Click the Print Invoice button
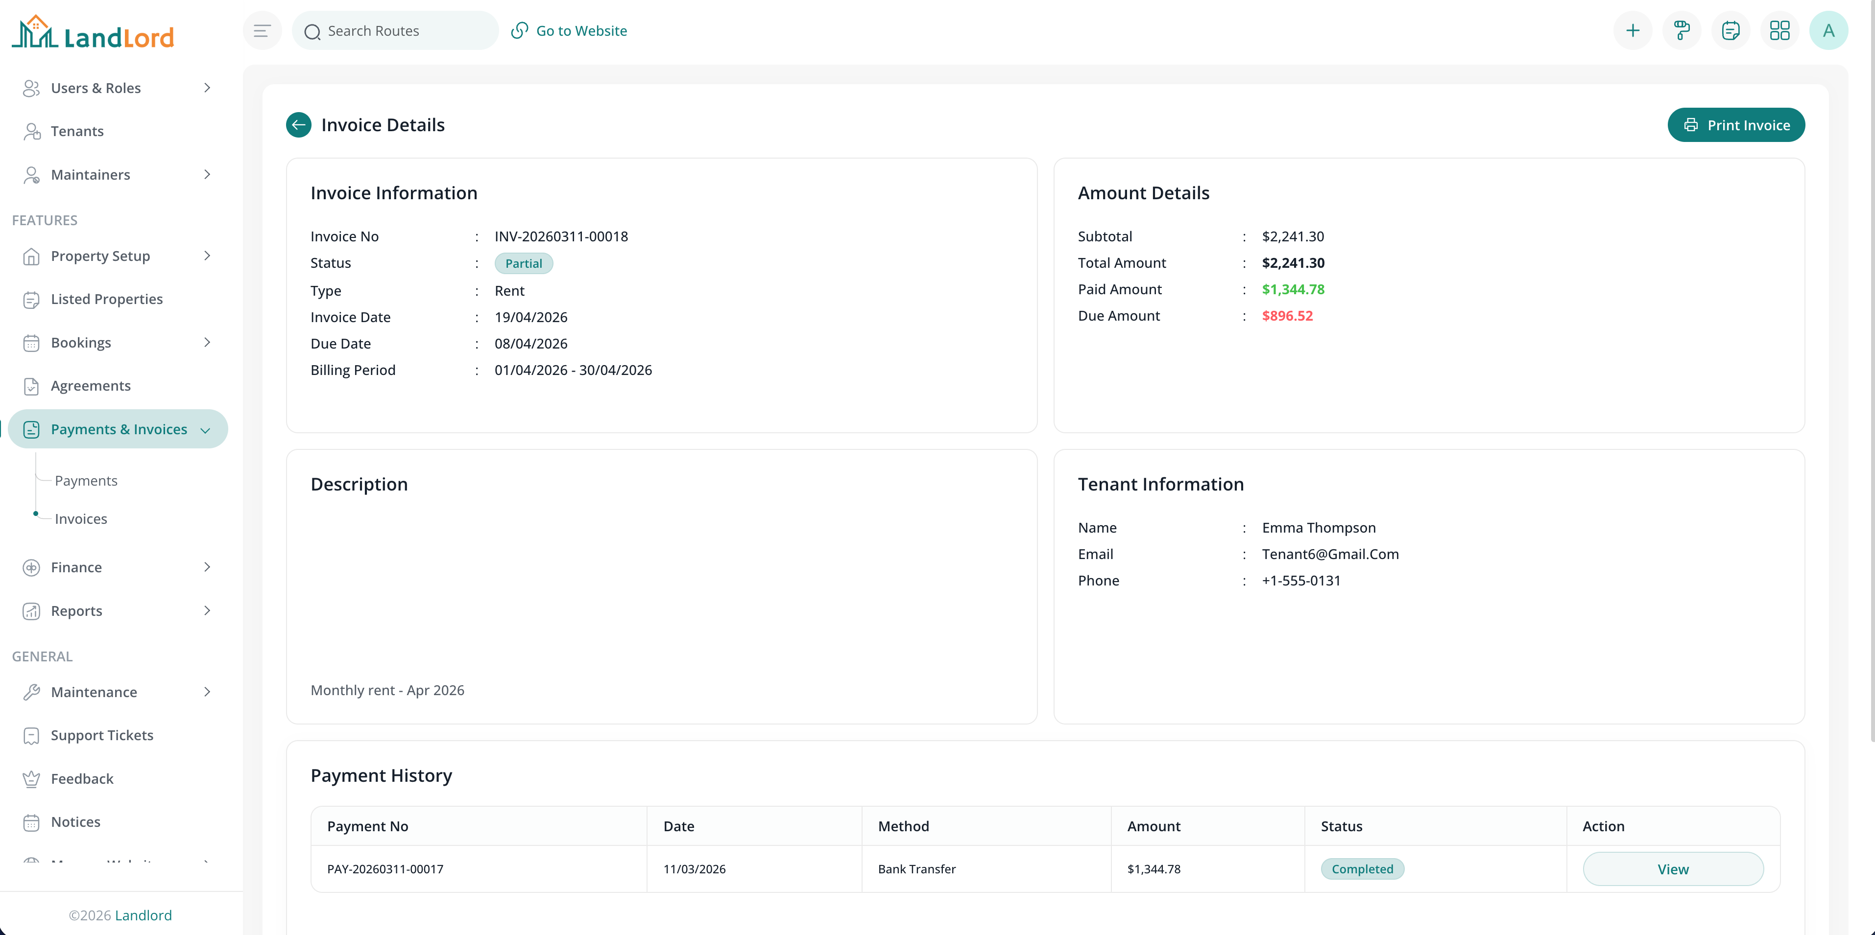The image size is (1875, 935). point(1735,125)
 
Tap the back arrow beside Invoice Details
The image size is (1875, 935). point(298,125)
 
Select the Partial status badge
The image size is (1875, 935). point(523,263)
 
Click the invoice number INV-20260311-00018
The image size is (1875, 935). point(560,236)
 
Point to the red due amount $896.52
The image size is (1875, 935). point(1287,316)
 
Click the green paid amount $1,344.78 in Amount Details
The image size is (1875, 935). point(1293,290)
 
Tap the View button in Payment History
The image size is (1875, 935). point(1673,869)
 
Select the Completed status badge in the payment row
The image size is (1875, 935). point(1362,869)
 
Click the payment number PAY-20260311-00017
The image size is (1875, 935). point(385,869)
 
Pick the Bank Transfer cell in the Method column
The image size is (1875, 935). point(916,869)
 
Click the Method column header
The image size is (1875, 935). point(903,826)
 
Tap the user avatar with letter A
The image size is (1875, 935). point(1827,30)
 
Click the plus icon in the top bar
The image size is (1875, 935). point(1633,30)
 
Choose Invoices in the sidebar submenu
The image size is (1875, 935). point(81,519)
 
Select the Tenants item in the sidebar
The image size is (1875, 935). point(77,131)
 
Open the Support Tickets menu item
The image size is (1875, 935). point(102,735)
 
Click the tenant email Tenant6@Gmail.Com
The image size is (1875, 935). point(1330,555)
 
